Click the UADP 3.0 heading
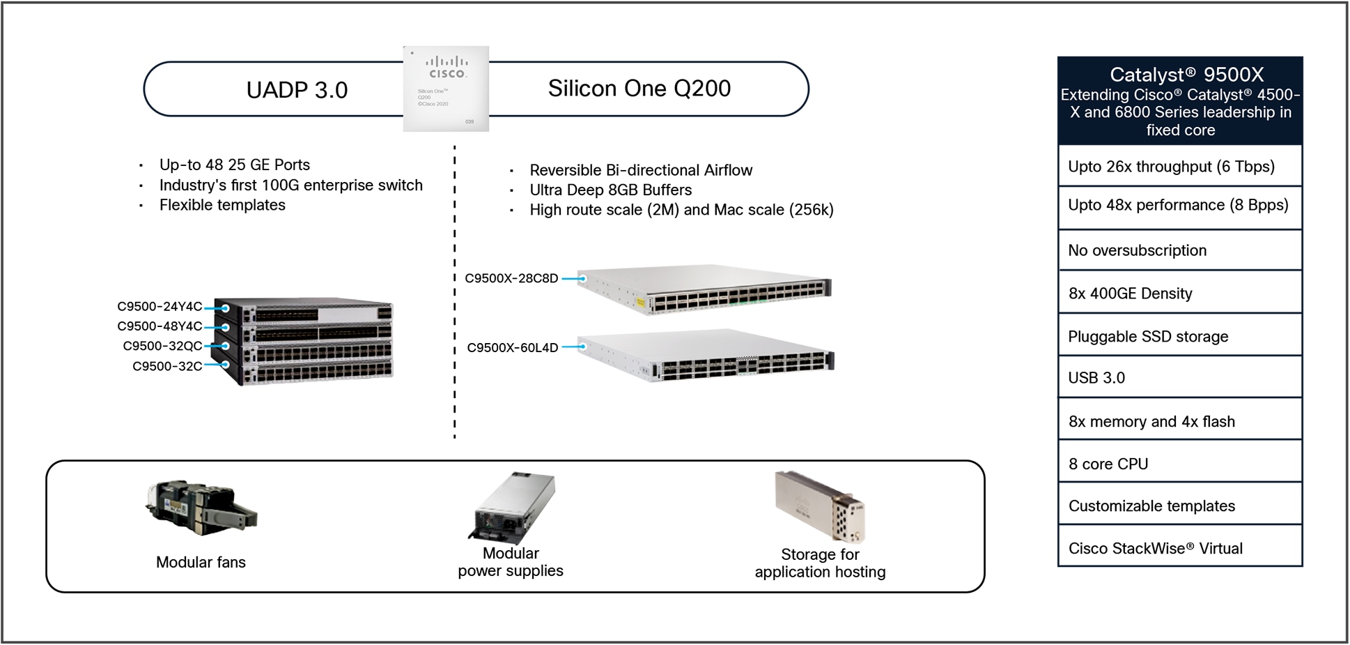pyautogui.click(x=297, y=90)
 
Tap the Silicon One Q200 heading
pyautogui.click(x=639, y=89)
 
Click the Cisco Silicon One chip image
pyautogui.click(x=446, y=89)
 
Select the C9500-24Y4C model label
pyautogui.click(x=160, y=307)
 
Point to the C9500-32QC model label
pyautogui.click(x=162, y=346)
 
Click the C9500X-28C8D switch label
pyautogui.click(x=511, y=278)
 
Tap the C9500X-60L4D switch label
pyautogui.click(x=512, y=347)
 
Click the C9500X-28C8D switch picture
pyautogui.click(x=704, y=289)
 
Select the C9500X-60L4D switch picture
pyautogui.click(x=705, y=356)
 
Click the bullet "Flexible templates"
pyautogui.click(x=222, y=205)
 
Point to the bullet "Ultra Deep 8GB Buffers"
pyautogui.click(x=610, y=190)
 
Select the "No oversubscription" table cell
pyautogui.click(x=1180, y=250)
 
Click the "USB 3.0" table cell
pyautogui.click(x=1180, y=377)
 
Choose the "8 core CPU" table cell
pyautogui.click(x=1180, y=464)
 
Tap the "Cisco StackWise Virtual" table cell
pyautogui.click(x=1180, y=548)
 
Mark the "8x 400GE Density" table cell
pyautogui.click(x=1180, y=294)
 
